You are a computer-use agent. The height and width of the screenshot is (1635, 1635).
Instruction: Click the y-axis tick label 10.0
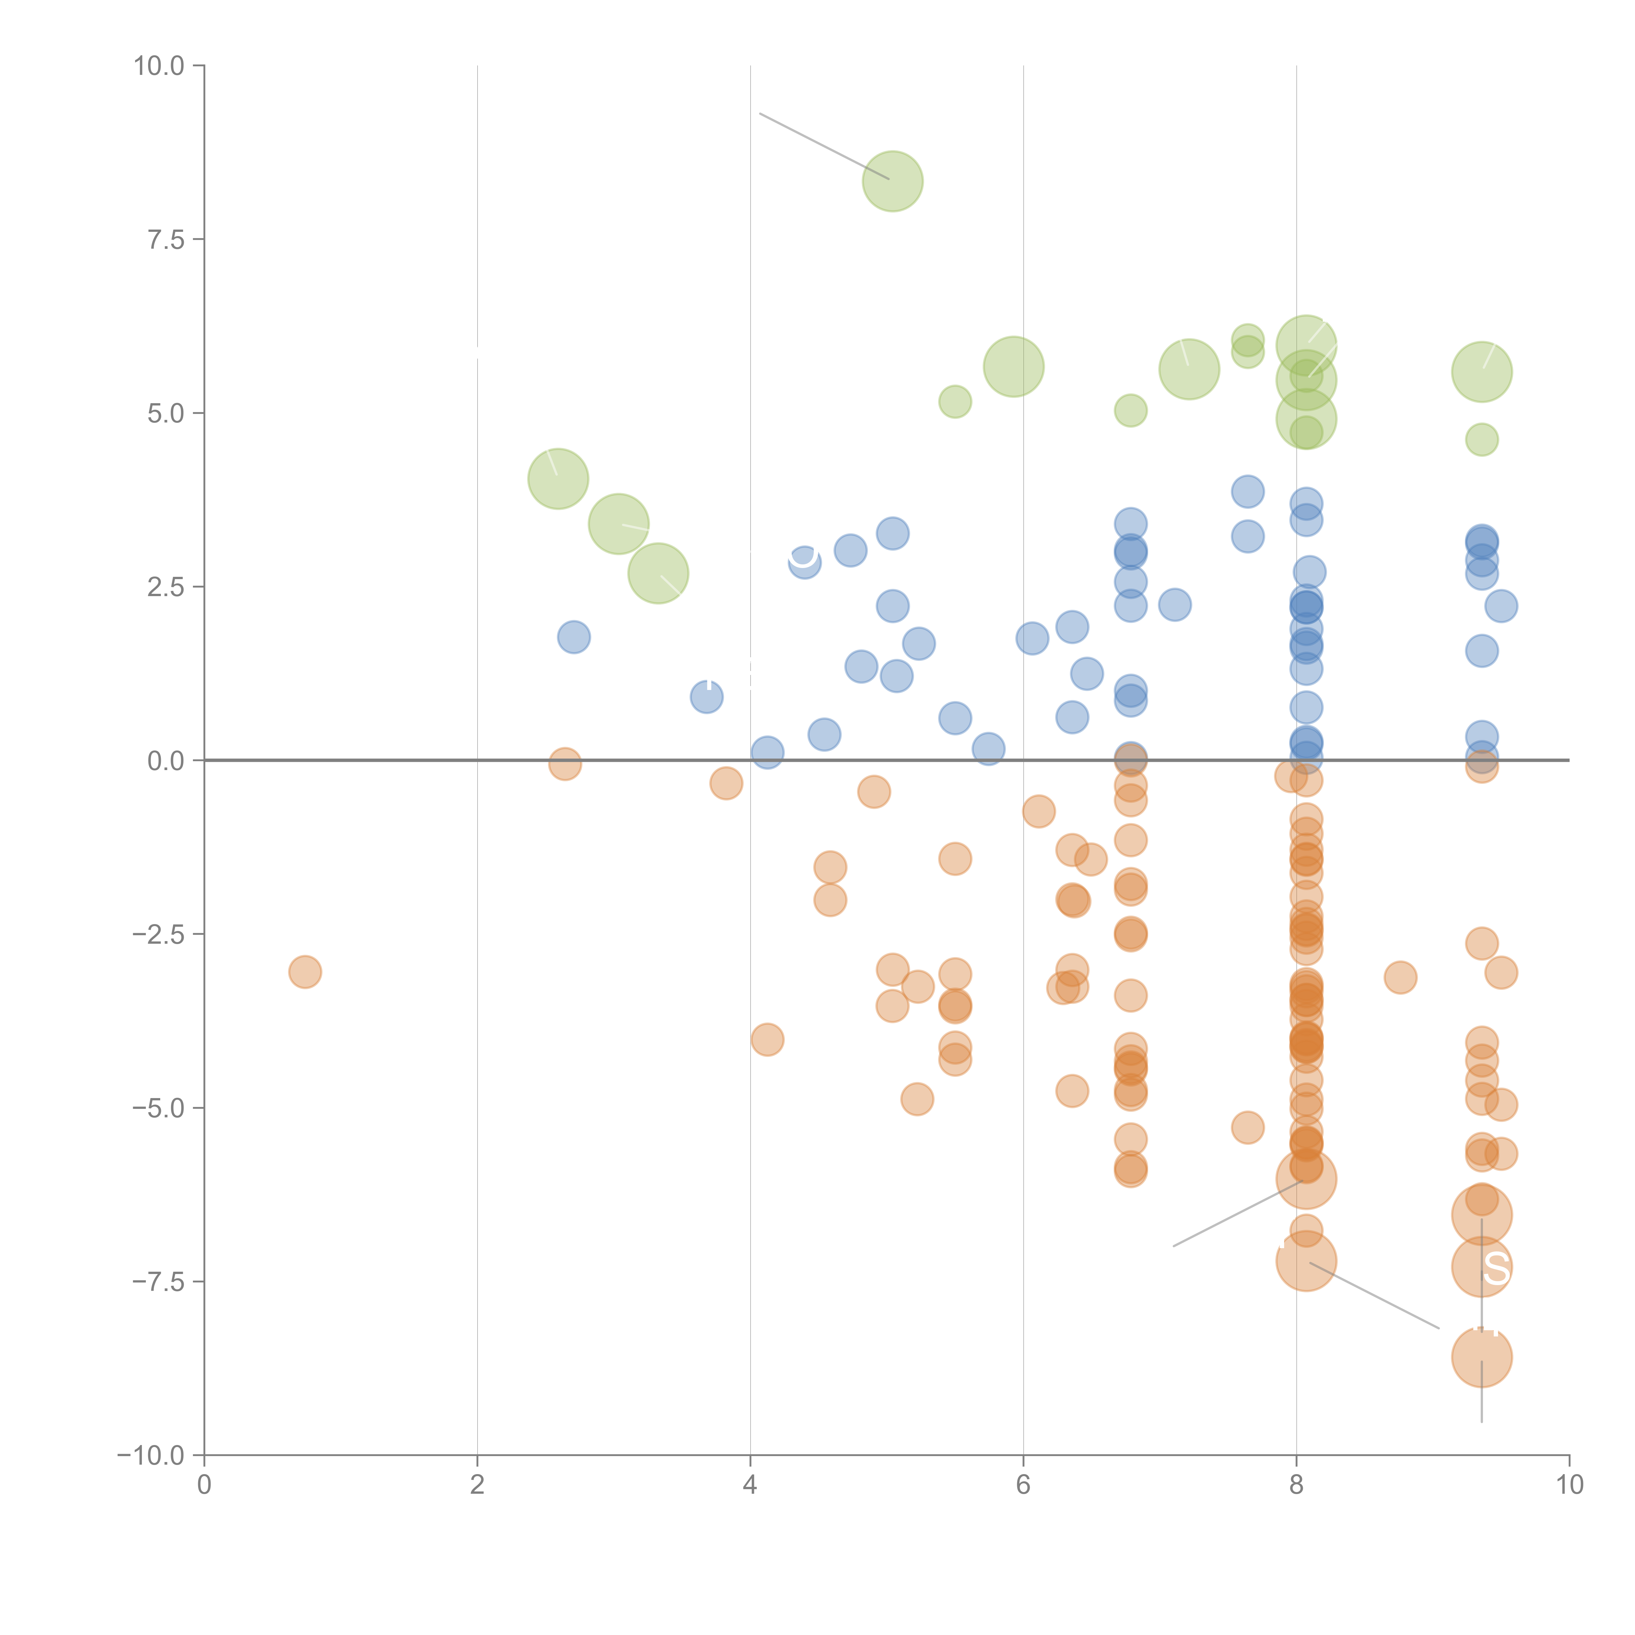tap(159, 66)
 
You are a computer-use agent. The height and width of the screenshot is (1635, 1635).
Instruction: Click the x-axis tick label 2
tap(477, 1485)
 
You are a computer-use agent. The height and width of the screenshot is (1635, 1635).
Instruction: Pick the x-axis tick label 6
tap(1023, 1485)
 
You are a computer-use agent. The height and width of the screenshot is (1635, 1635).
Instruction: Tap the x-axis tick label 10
tap(1569, 1485)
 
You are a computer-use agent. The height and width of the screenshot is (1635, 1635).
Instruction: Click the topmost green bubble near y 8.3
tap(892, 181)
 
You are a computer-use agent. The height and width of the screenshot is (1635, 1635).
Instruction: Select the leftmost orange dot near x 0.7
tap(305, 972)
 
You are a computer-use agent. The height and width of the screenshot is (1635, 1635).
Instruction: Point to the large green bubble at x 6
tap(1013, 367)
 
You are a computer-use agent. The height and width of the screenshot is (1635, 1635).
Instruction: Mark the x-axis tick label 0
tap(204, 1485)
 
